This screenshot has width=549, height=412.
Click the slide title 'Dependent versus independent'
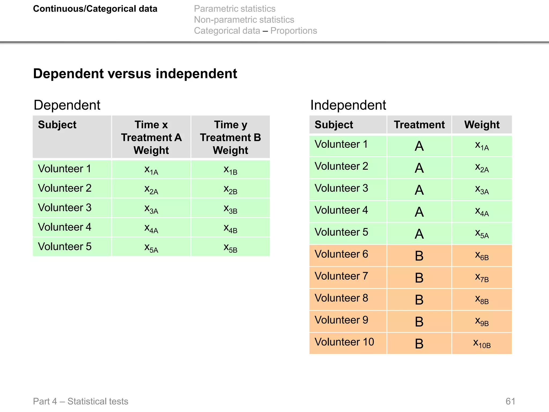pos(135,73)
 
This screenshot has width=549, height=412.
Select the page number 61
pos(510,401)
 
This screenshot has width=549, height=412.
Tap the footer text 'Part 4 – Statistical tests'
pos(80,401)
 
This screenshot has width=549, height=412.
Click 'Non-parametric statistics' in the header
pos(244,20)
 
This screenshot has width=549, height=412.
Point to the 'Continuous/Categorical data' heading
pos(95,9)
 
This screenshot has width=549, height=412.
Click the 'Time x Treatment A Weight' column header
pos(151,137)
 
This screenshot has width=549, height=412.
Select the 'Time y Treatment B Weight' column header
pos(231,137)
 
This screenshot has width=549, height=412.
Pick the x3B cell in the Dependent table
pos(231,208)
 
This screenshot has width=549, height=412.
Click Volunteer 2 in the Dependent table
pos(65,188)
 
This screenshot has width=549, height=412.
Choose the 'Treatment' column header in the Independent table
pos(419,125)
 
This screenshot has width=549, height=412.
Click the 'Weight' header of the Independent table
pos(482,125)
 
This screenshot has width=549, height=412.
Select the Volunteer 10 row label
pos(344,342)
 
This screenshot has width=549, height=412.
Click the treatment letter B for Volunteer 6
pos(419,256)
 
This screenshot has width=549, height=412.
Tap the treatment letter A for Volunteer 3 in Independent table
pos(419,190)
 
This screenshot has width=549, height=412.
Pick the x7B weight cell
pos(482,277)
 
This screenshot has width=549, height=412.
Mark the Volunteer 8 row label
pos(341,298)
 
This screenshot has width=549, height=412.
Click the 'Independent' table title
pos(348,105)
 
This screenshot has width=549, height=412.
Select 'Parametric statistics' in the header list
pos(235,9)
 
